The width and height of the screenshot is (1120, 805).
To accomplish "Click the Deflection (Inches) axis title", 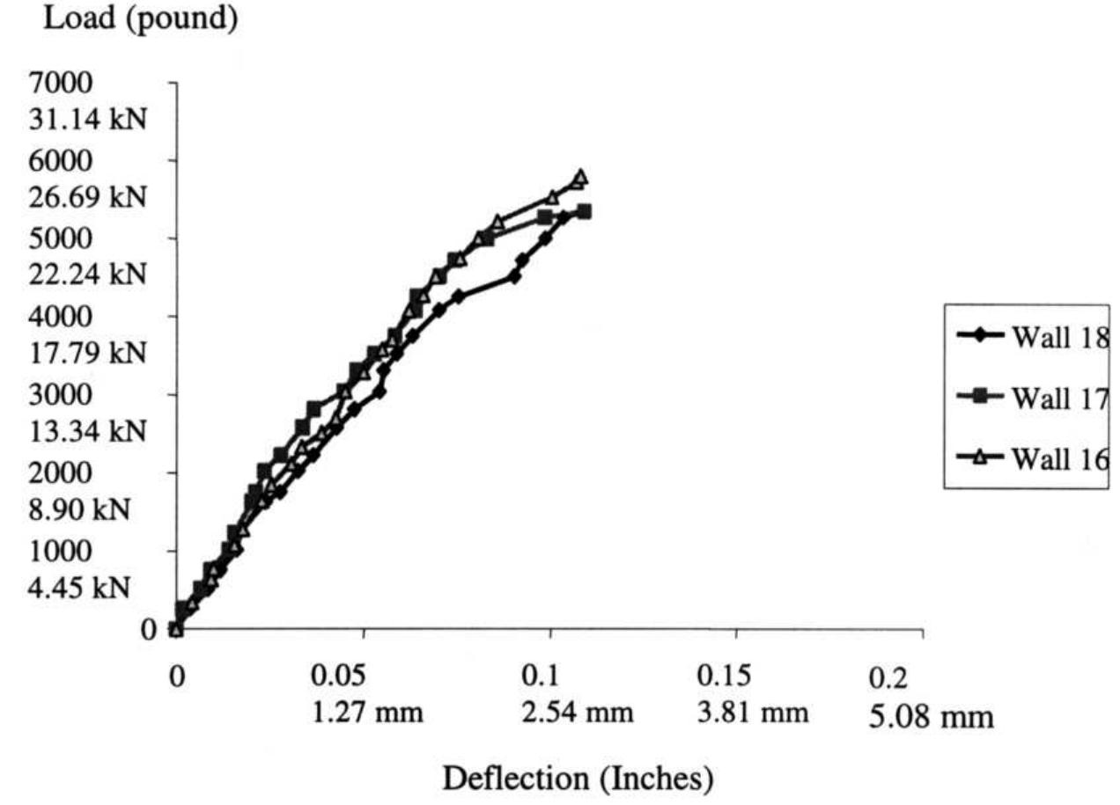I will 577,779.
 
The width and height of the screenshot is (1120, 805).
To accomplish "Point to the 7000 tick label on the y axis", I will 61,84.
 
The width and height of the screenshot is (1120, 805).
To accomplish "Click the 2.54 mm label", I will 576,712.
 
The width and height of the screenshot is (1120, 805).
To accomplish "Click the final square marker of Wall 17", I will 584,211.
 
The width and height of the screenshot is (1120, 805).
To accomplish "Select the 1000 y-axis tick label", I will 61,552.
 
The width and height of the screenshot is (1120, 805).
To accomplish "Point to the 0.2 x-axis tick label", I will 887,679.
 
